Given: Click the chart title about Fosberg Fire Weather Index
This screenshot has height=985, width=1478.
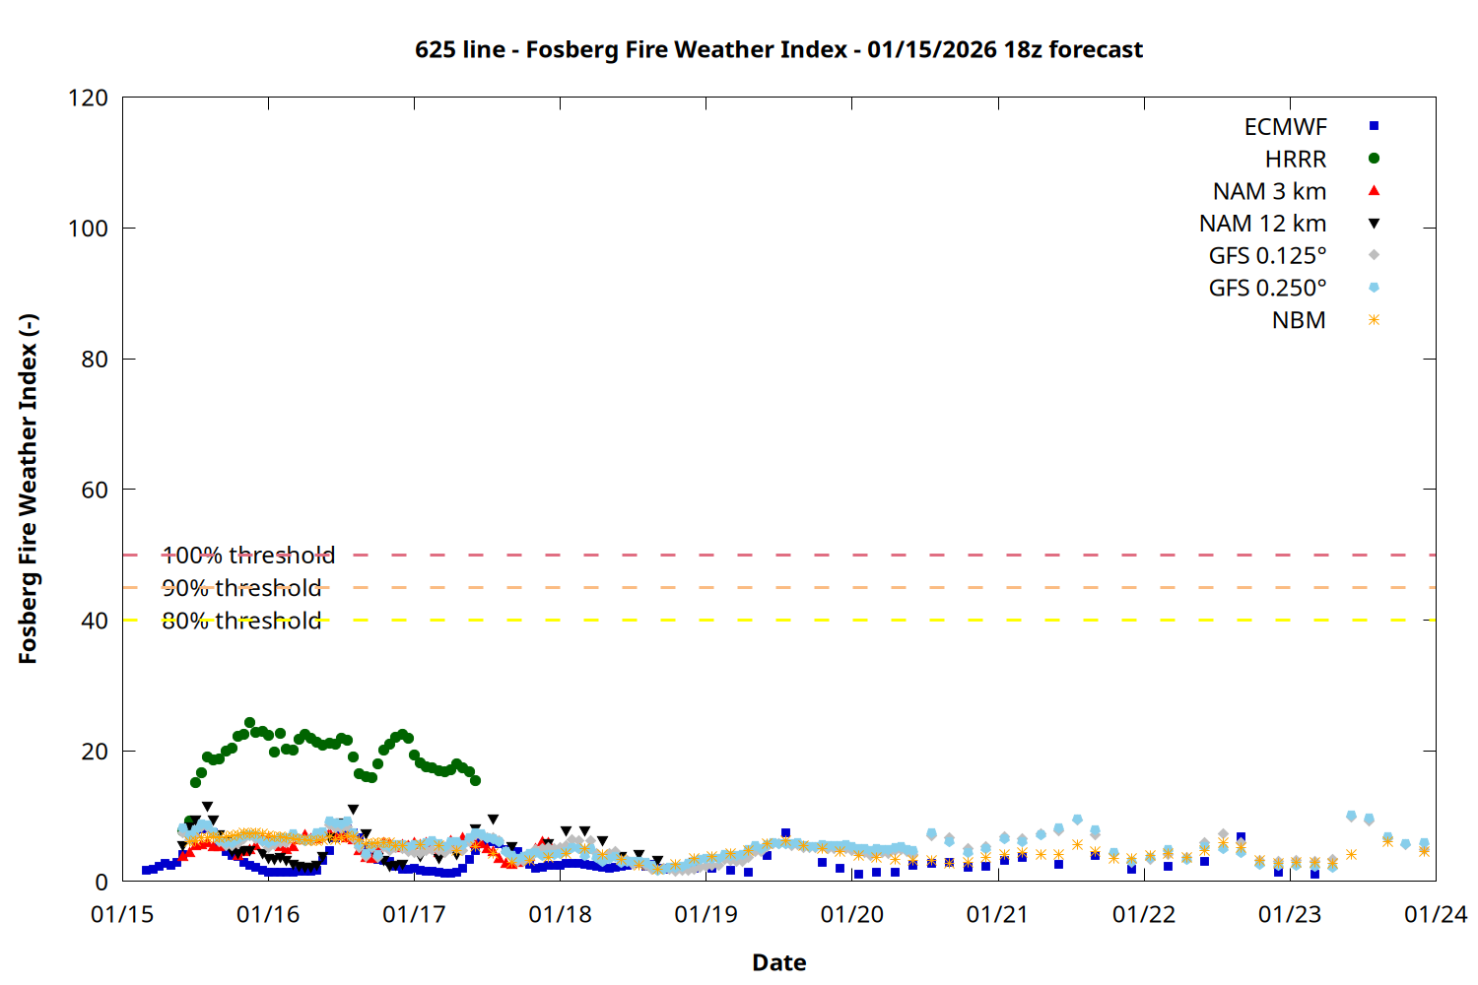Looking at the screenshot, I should tap(778, 49).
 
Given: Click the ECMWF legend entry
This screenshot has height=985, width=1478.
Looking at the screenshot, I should tap(1285, 127).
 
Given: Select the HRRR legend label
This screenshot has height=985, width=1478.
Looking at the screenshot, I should tap(1295, 160).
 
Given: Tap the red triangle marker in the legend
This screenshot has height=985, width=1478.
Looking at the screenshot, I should tap(1374, 191).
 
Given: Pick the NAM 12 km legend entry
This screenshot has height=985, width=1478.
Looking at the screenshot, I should tap(1262, 224).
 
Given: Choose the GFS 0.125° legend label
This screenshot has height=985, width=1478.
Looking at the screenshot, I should tap(1267, 256).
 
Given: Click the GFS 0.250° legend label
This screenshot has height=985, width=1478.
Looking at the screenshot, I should tap(1267, 289).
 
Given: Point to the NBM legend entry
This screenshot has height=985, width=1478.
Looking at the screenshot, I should tap(1299, 321).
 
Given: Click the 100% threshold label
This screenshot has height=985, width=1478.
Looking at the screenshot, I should tap(248, 556).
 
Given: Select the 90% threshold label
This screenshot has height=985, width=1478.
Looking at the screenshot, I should tap(241, 588).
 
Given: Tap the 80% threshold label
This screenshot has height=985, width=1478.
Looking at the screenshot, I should tap(241, 621).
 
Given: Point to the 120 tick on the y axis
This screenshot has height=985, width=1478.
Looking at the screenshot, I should tap(88, 98).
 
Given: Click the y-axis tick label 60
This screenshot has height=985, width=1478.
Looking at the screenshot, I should tap(95, 490).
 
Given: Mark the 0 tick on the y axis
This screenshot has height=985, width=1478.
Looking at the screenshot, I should tap(101, 882).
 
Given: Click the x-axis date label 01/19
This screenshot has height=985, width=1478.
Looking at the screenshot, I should tap(705, 915).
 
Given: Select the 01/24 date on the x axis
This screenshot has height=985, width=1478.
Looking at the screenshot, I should tap(1435, 915).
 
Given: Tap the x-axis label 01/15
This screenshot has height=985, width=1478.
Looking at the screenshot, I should tap(122, 915).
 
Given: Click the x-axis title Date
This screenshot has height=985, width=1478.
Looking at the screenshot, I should tap(778, 962).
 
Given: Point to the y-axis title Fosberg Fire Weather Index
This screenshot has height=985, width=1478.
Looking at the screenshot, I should tap(28, 490).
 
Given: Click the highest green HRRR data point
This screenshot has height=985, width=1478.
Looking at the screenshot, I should tap(249, 723).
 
